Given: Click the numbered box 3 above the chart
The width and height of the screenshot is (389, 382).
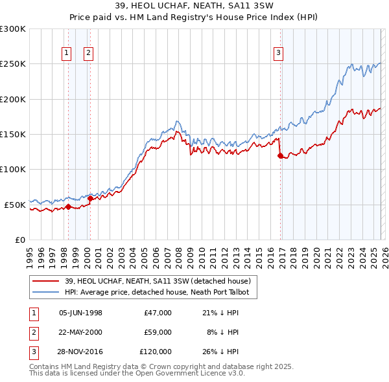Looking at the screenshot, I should (278, 54).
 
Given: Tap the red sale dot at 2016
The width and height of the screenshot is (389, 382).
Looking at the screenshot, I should (280, 155).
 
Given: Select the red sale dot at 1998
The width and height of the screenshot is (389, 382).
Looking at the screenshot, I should (68, 207).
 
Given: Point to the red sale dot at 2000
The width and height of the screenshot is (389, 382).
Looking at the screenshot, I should (90, 198).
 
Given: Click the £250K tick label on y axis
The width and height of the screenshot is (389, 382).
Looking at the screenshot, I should (13, 64).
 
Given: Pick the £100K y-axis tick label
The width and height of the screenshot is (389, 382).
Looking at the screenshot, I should (13, 169).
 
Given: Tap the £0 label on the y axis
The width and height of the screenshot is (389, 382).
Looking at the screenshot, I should (19, 240).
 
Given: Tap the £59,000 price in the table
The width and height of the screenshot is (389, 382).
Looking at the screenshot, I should (158, 332).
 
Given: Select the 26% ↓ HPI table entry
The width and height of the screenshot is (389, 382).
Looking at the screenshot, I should (220, 352).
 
